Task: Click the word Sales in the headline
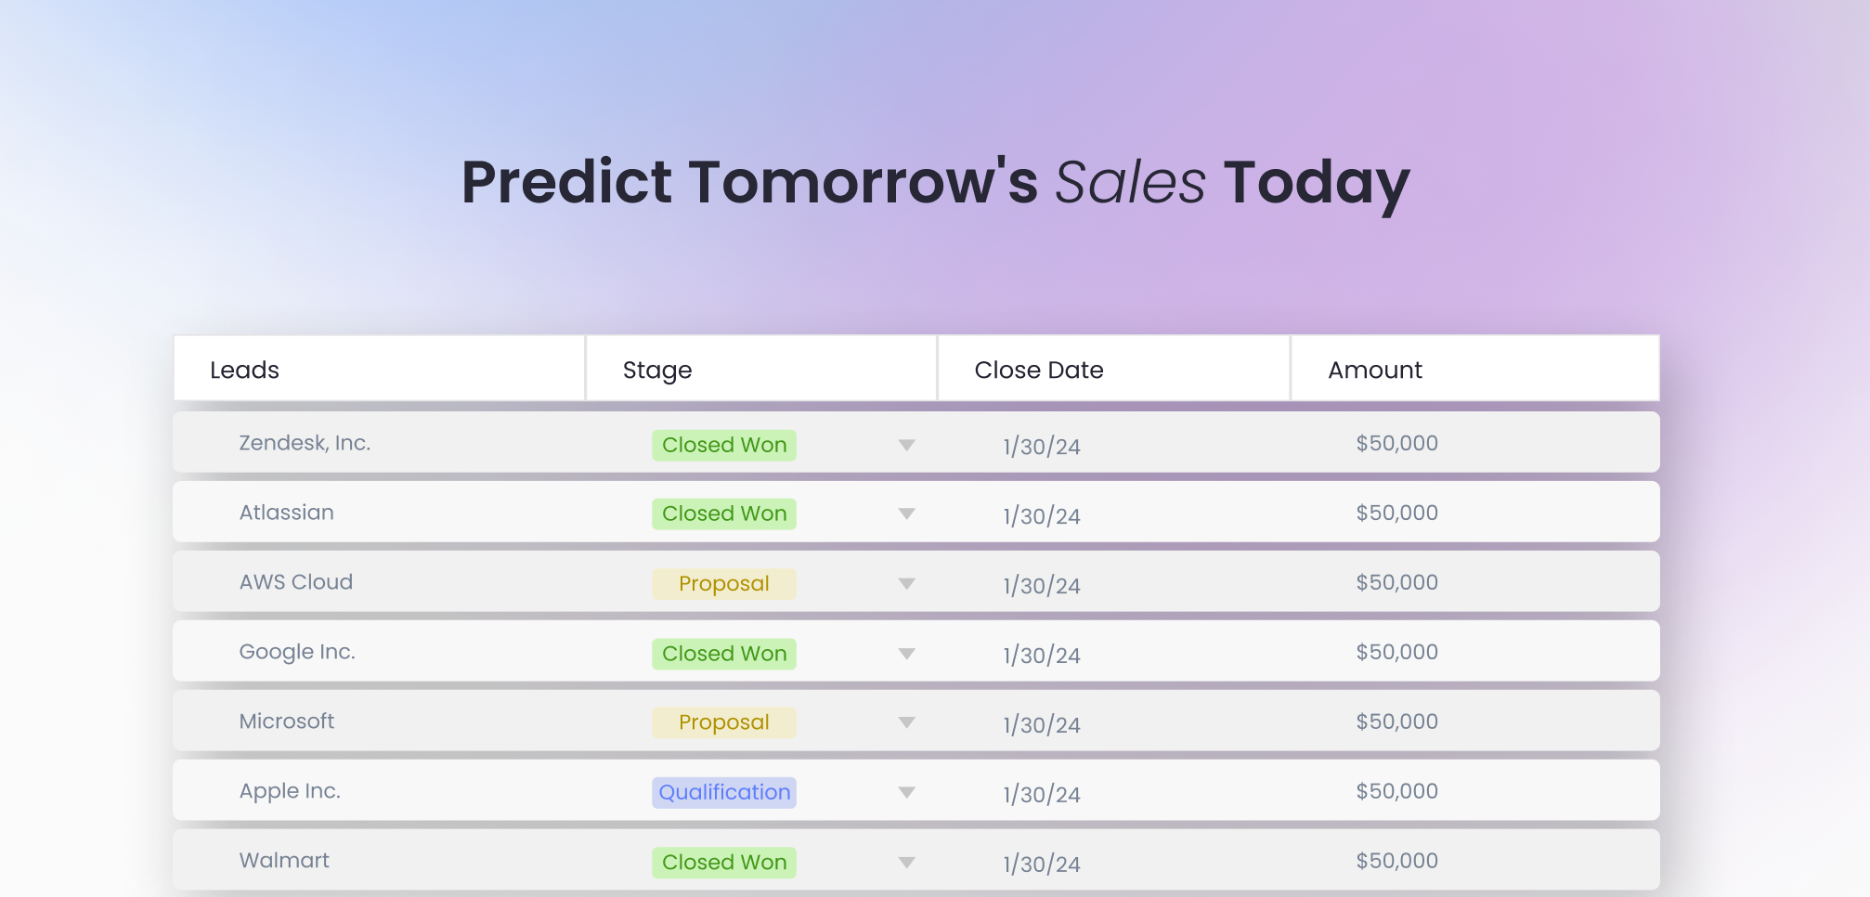click(1130, 182)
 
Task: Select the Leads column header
click(244, 370)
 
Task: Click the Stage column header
click(657, 370)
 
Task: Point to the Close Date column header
click(1039, 370)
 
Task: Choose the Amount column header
click(1375, 370)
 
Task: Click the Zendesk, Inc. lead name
click(305, 443)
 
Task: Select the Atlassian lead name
click(286, 513)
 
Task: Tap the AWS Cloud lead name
click(296, 582)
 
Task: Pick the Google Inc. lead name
click(297, 652)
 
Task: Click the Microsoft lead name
click(286, 721)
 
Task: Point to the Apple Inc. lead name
click(290, 791)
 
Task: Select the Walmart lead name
click(284, 861)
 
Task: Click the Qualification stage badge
click(724, 792)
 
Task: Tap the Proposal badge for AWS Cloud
click(724, 583)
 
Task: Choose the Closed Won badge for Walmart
click(724, 862)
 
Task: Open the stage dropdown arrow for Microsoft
click(907, 722)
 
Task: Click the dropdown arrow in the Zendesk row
click(907, 445)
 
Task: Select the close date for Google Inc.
click(1042, 655)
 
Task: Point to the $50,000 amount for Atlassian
click(1396, 513)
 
